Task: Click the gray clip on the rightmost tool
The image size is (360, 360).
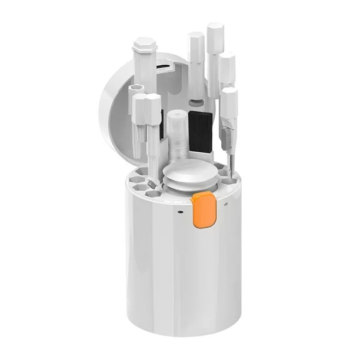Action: (x=224, y=139)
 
